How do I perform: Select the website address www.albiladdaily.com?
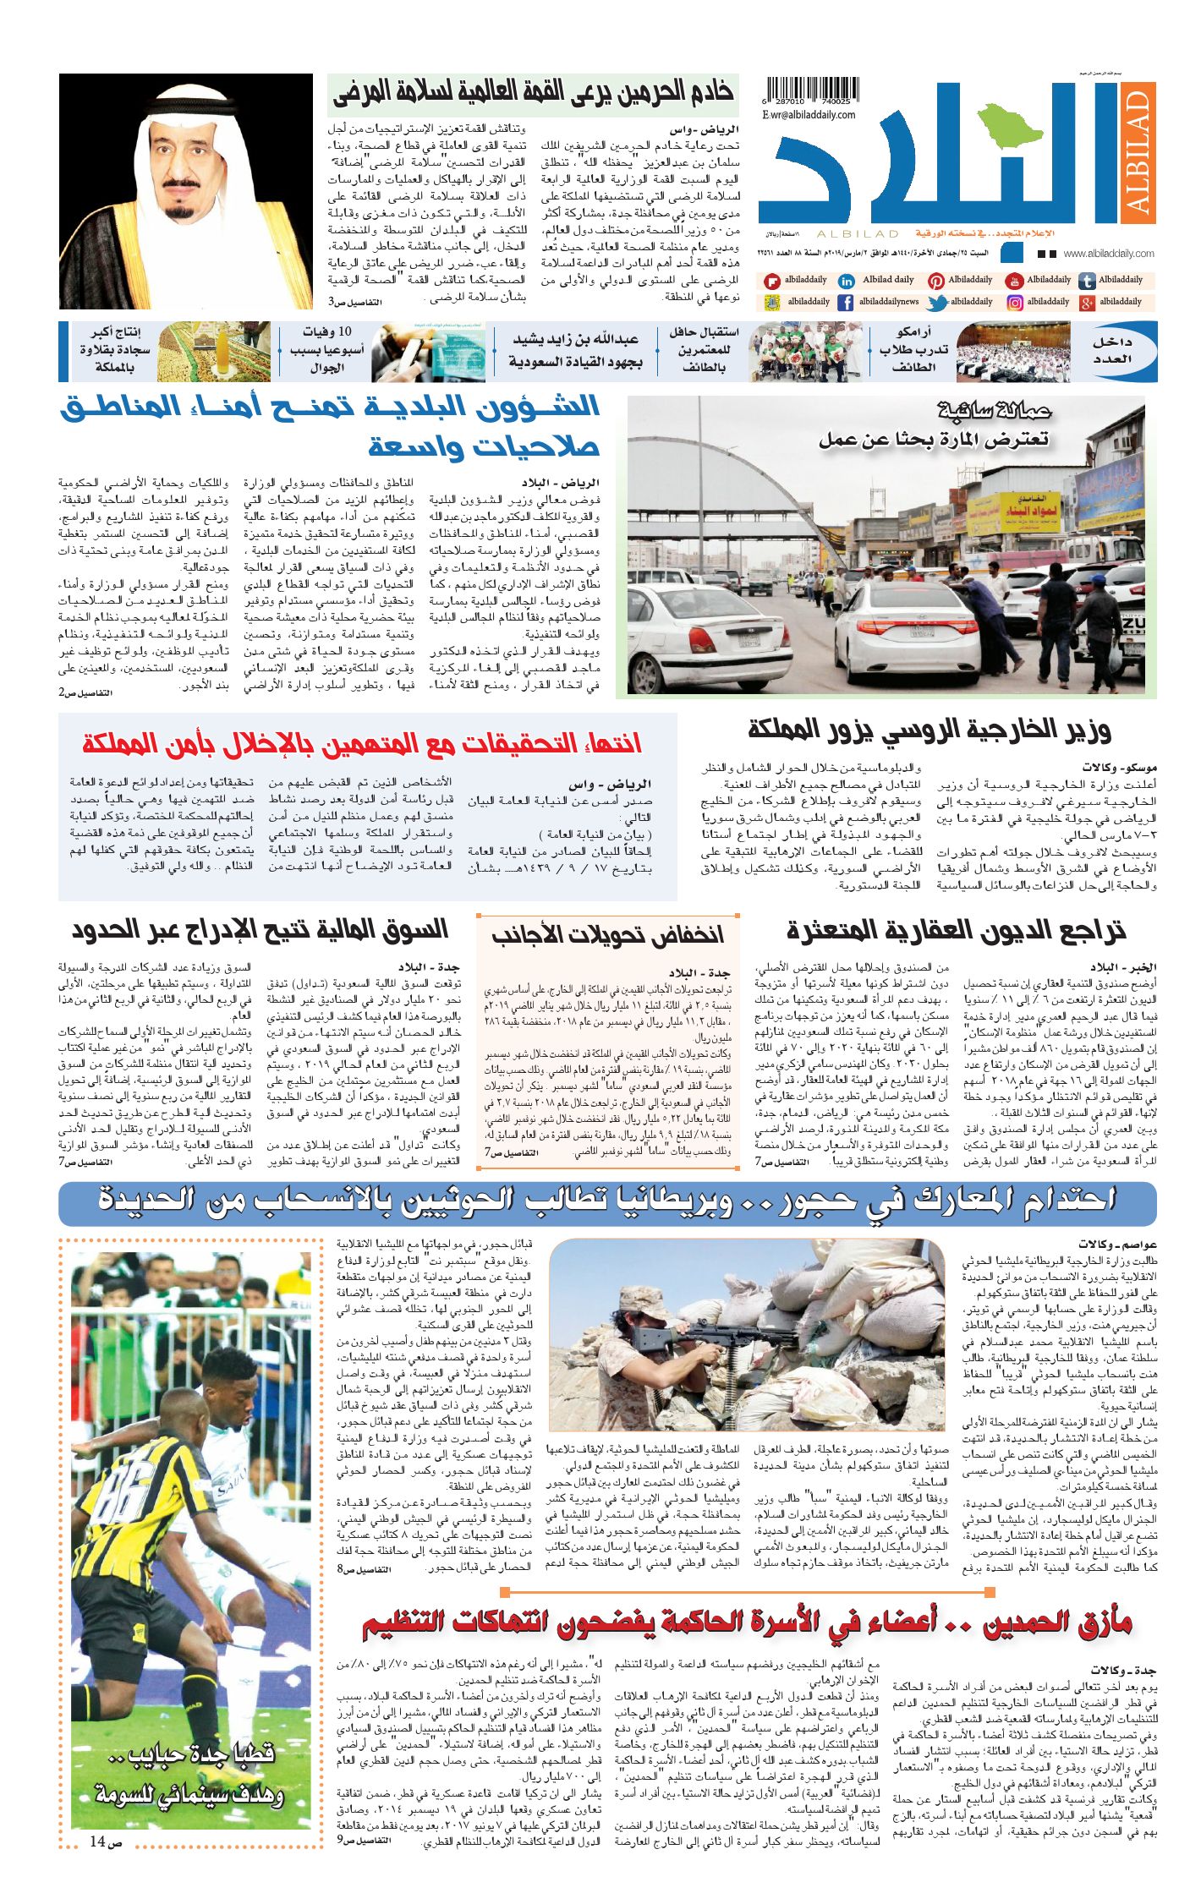pyautogui.click(x=1108, y=254)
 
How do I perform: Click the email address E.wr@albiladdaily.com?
pyautogui.click(x=809, y=115)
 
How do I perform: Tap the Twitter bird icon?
pyautogui.click(x=936, y=302)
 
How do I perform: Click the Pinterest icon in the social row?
pyautogui.click(x=936, y=281)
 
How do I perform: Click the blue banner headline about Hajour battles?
pyautogui.click(x=607, y=1199)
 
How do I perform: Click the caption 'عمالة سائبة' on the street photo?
pyautogui.click(x=995, y=412)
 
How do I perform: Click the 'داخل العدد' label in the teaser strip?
pyautogui.click(x=1122, y=351)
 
